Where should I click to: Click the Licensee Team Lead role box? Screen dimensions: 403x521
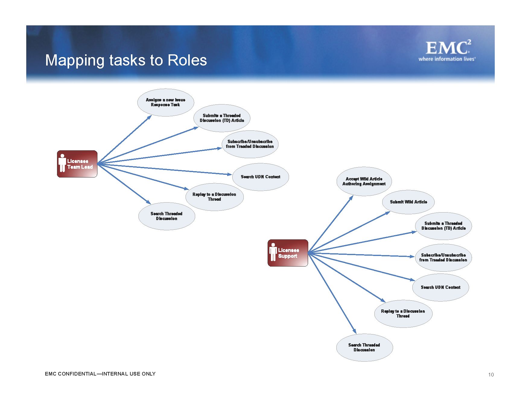(x=77, y=164)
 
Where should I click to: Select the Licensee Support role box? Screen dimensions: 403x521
(x=288, y=253)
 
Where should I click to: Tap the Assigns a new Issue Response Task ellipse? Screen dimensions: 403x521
(x=165, y=102)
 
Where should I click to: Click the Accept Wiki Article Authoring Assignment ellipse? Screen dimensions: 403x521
(x=364, y=181)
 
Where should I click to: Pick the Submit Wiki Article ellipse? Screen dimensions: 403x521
(x=408, y=202)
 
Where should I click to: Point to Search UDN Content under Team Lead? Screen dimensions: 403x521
(x=260, y=177)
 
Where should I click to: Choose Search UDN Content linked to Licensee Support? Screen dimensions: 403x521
(x=440, y=287)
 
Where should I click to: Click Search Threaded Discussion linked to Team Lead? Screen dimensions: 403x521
(x=167, y=216)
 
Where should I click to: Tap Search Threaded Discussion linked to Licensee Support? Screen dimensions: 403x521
(x=364, y=347)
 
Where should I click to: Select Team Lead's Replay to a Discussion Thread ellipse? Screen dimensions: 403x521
(x=214, y=197)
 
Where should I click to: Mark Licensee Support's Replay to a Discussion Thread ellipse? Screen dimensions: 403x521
(x=403, y=314)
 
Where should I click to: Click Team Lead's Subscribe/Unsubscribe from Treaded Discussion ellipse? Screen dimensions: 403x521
(x=250, y=144)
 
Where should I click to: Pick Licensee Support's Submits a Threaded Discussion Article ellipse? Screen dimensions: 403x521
(x=443, y=226)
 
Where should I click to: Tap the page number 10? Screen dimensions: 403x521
(x=491, y=375)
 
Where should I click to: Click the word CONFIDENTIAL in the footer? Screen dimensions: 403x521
(x=77, y=374)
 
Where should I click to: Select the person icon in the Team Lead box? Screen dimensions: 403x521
(x=62, y=163)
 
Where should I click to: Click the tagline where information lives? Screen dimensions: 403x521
(x=447, y=59)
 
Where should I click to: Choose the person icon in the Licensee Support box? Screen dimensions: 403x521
(x=273, y=252)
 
